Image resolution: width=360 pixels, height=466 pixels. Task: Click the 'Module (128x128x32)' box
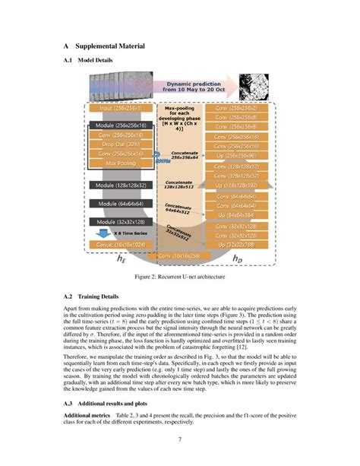(123, 184)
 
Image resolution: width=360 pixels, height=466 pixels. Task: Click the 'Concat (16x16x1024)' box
(121, 245)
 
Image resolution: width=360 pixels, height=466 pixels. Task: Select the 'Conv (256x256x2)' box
(235, 109)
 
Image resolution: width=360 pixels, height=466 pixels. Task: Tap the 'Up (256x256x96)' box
(235, 155)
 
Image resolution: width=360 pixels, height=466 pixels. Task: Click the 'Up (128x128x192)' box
(235, 185)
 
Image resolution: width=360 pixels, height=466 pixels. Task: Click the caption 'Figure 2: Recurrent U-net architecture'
(179, 277)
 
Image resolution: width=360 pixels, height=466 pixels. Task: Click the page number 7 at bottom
(180, 439)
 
